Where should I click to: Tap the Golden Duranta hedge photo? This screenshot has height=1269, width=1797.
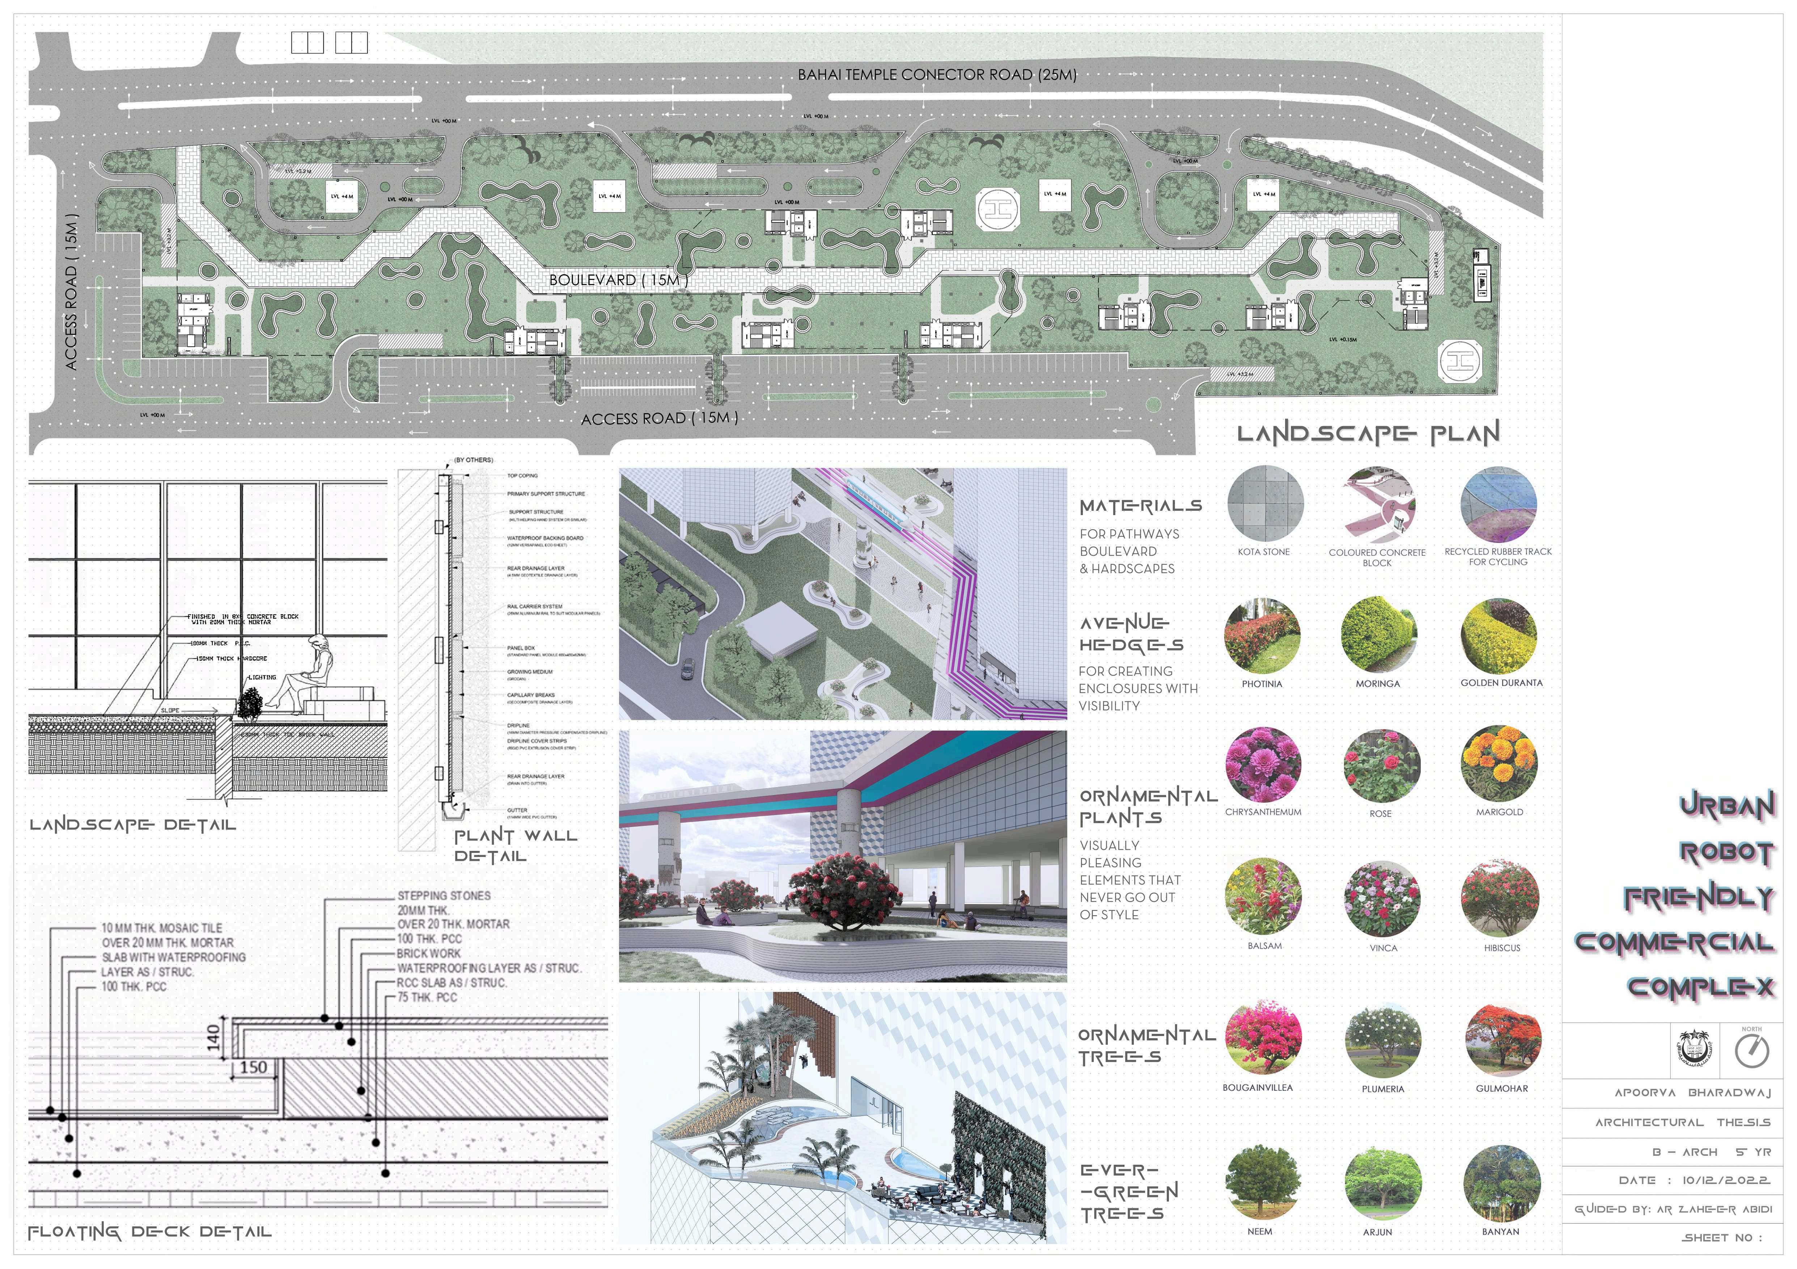pyautogui.click(x=1499, y=635)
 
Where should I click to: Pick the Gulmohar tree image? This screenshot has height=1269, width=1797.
pyautogui.click(x=1503, y=1040)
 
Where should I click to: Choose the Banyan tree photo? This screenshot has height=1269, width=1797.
pyautogui.click(x=1501, y=1183)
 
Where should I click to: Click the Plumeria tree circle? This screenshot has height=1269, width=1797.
pyautogui.click(x=1382, y=1040)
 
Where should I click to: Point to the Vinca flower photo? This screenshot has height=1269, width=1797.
pyautogui.click(x=1382, y=898)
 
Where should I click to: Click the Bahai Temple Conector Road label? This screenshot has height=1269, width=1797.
pyautogui.click(x=937, y=75)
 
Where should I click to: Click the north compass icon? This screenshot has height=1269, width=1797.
pyautogui.click(x=1752, y=1051)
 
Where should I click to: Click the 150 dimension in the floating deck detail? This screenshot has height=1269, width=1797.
pyautogui.click(x=253, y=1067)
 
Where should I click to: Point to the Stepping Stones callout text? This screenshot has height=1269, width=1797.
pyautogui.click(x=444, y=895)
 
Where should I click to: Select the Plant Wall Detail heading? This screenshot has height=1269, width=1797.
pyautogui.click(x=515, y=846)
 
